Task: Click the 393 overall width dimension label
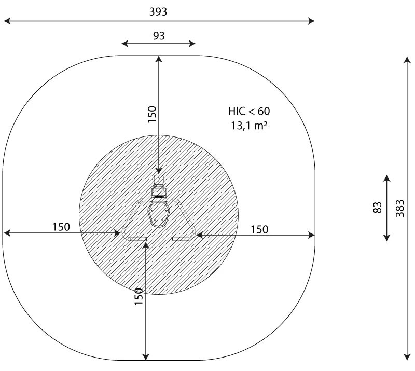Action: point(158,11)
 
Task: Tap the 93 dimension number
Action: point(159,36)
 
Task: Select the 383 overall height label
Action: point(400,208)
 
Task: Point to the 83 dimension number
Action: point(378,208)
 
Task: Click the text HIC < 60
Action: point(249,111)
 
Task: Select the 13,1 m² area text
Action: point(249,125)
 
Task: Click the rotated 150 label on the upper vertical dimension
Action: point(152,114)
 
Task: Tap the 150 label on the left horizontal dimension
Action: point(61,227)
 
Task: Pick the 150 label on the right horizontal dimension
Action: point(259,229)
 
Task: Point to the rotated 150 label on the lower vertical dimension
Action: point(139,296)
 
